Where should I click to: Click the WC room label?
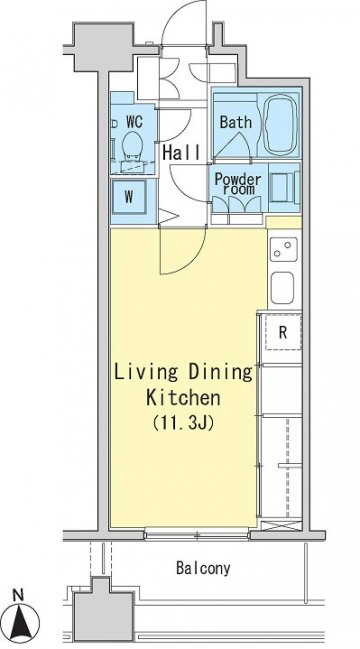click(134, 122)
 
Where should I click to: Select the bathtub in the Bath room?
click(281, 125)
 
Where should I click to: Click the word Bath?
click(235, 123)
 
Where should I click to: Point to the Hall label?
click(181, 152)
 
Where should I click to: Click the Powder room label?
click(238, 184)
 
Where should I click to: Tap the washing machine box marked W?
click(129, 197)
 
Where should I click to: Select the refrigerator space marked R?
click(283, 332)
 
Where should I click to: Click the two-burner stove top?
click(284, 249)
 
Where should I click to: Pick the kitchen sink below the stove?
click(282, 288)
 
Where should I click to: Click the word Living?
click(146, 373)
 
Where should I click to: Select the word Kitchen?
click(183, 398)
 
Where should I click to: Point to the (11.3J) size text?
click(183, 423)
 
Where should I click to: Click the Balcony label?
click(203, 568)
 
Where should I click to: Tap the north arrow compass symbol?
click(23, 622)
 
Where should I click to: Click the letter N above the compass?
click(17, 596)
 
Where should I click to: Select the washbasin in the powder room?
click(283, 187)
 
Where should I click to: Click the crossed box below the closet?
click(281, 526)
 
